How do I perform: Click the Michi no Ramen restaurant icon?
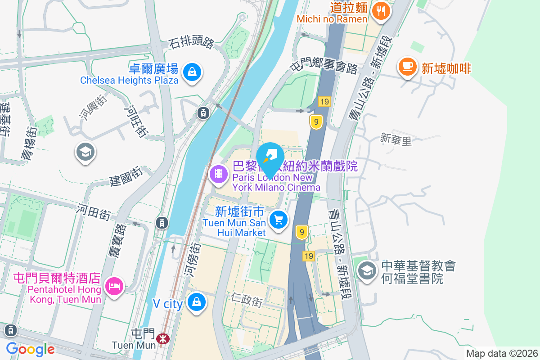[x=382, y=11]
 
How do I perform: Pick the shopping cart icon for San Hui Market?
[x=279, y=220]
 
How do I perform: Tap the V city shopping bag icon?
[x=197, y=302]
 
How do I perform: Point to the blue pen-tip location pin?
[x=270, y=157]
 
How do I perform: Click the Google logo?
[x=30, y=349]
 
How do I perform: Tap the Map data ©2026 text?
[x=501, y=353]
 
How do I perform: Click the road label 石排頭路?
[x=191, y=43]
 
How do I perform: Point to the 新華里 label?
[x=396, y=139]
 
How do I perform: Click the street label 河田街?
[x=94, y=211]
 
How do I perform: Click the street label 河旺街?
[x=136, y=121]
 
